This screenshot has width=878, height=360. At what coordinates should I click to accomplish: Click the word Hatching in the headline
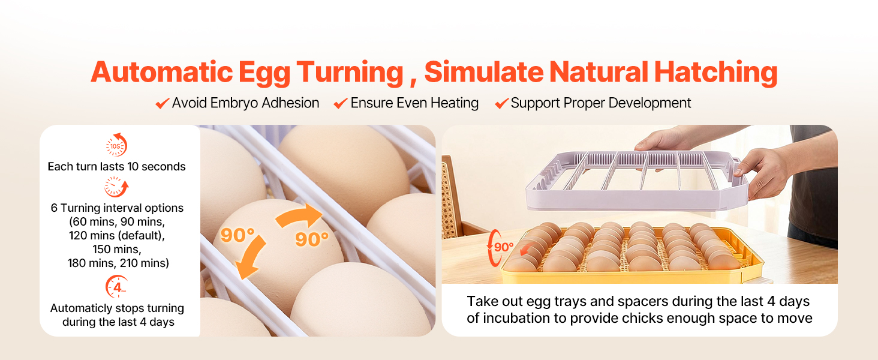tap(715, 73)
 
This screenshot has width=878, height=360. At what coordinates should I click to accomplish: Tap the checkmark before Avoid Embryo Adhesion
tap(163, 104)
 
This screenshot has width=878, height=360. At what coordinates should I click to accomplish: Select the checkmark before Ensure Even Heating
tap(341, 104)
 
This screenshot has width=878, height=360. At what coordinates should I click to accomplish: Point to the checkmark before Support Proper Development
tap(502, 104)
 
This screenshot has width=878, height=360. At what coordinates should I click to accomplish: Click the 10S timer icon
tap(116, 145)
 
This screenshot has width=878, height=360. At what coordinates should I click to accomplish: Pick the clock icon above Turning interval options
tap(116, 187)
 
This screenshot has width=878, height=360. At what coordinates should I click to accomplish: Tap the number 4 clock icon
tap(116, 287)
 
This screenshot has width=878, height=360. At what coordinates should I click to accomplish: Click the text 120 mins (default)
tap(117, 236)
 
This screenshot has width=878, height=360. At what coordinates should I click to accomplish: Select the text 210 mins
tap(145, 263)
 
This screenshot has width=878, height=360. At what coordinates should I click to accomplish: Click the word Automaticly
tap(82, 308)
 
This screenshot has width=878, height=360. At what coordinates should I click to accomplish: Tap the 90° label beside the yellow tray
tap(504, 247)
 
